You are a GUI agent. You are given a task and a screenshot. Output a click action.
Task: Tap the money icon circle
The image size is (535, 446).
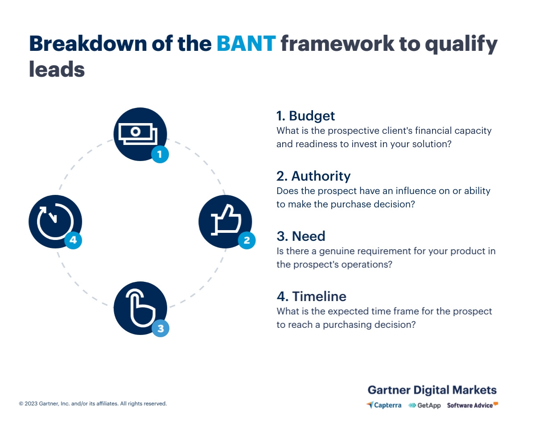(140, 133)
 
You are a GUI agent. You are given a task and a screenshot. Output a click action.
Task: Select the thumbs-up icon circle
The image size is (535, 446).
(225, 221)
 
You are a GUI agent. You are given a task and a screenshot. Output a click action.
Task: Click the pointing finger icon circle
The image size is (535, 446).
(140, 308)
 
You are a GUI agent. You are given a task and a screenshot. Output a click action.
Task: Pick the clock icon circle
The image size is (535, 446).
(55, 221)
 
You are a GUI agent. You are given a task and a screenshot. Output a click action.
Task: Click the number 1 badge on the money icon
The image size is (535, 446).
(160, 154)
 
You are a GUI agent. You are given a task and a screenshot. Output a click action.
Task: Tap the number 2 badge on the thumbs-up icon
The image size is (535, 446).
(247, 241)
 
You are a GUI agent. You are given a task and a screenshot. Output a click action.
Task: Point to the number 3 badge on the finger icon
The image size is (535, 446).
(160, 329)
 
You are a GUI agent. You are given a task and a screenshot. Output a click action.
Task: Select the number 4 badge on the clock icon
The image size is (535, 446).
(73, 240)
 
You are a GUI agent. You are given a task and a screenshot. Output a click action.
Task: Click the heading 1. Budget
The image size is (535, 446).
(305, 116)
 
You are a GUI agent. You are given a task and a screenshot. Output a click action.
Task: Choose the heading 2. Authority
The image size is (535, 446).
(313, 176)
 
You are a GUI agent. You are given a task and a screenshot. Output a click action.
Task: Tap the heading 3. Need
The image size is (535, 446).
(301, 236)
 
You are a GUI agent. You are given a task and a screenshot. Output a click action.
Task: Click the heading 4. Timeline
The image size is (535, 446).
(311, 297)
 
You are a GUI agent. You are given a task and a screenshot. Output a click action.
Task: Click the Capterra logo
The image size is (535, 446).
(384, 405)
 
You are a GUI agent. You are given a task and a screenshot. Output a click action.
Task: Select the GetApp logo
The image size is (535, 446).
(424, 405)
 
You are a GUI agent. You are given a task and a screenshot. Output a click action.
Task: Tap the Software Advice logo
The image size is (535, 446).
(472, 405)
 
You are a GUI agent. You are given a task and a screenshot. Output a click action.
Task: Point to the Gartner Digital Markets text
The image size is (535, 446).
(432, 390)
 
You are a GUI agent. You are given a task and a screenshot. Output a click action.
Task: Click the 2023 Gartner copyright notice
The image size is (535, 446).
(93, 404)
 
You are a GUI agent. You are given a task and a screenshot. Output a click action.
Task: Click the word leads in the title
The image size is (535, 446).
(57, 70)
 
